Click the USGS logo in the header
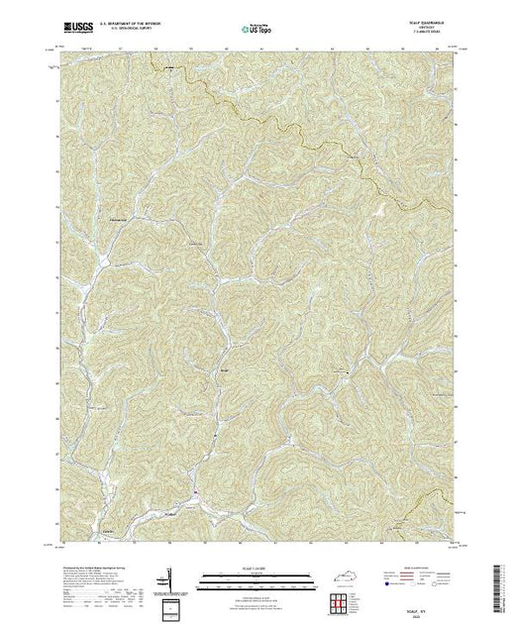tap(76, 25)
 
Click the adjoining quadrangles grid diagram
tap(342, 603)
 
